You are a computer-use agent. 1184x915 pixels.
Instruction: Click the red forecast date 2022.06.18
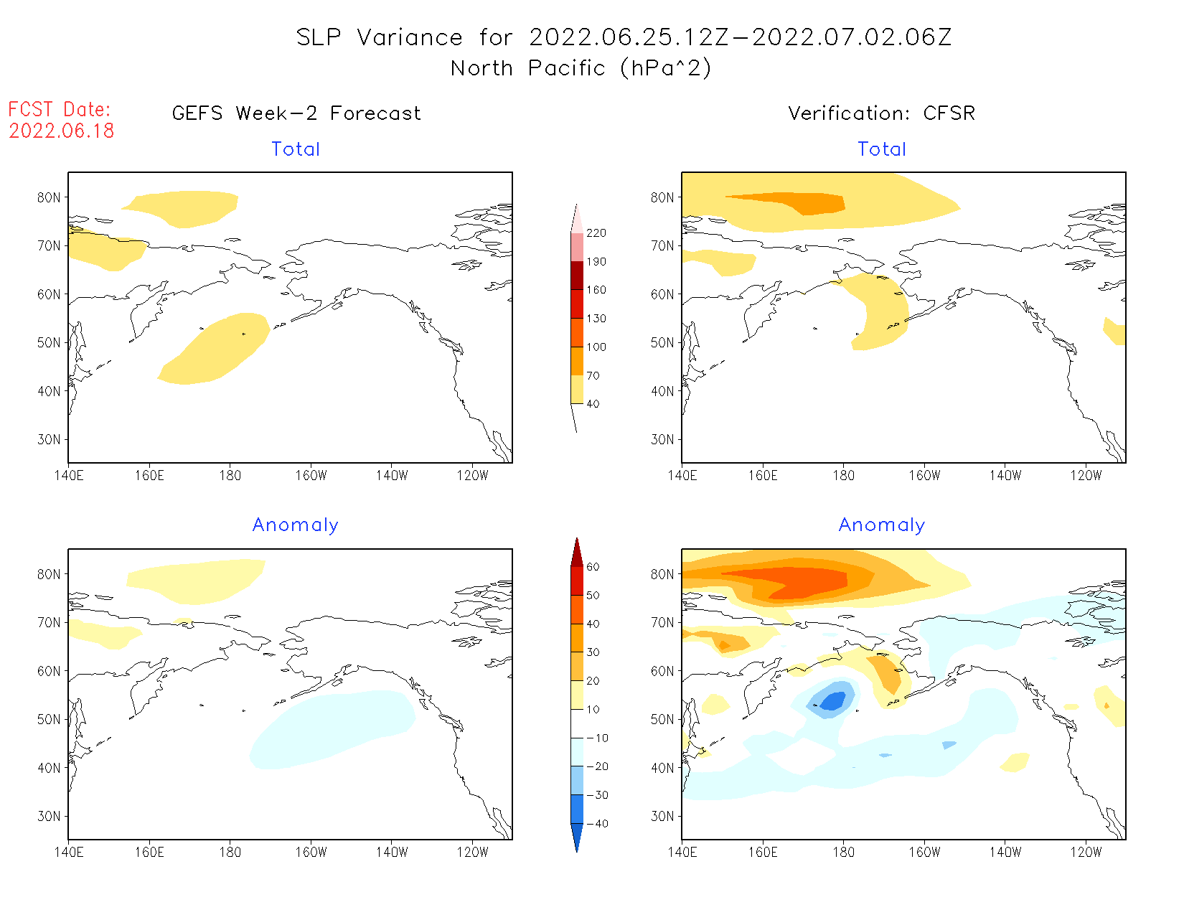click(62, 131)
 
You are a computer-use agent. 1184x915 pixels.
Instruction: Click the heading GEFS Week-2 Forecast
click(296, 113)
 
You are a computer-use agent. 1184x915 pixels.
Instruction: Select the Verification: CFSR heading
click(881, 113)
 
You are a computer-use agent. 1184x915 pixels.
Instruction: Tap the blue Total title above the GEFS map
click(296, 149)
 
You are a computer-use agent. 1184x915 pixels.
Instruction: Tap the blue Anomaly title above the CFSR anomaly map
click(882, 525)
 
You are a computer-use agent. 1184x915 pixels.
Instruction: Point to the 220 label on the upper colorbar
click(596, 233)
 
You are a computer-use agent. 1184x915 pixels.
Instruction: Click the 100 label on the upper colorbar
click(596, 347)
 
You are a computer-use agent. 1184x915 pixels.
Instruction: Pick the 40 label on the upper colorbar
click(593, 404)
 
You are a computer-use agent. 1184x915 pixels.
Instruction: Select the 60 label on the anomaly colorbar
click(593, 567)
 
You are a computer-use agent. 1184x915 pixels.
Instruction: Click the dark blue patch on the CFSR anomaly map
click(832, 701)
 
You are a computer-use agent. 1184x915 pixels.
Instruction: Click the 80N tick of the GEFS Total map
click(49, 197)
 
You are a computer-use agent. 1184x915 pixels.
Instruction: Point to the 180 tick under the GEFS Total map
click(230, 475)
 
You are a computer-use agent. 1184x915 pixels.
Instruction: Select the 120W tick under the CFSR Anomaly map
click(1086, 852)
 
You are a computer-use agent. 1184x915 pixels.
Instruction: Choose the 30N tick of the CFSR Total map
click(662, 439)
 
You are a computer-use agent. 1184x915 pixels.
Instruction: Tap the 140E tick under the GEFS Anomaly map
click(69, 852)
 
